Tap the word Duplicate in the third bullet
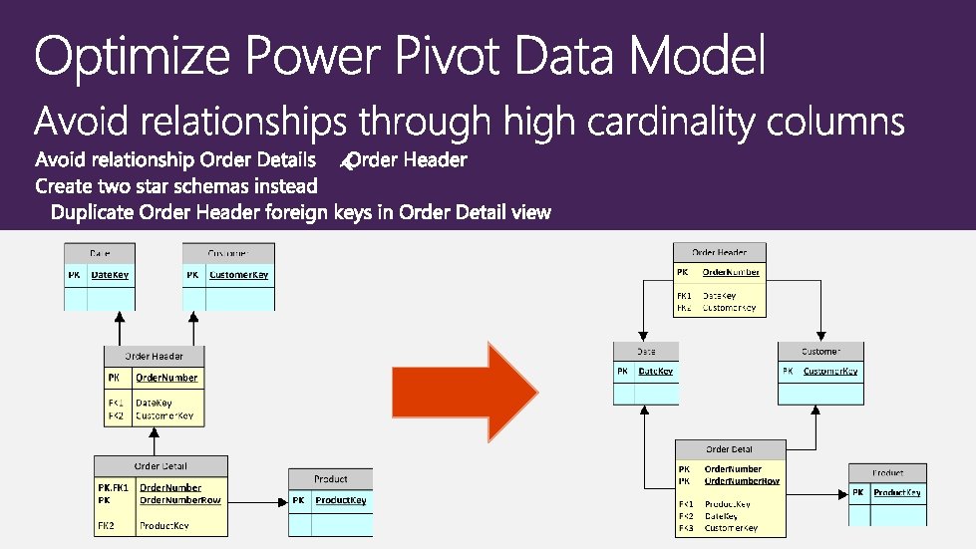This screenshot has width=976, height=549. click(x=93, y=212)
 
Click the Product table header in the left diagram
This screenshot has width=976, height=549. click(x=331, y=479)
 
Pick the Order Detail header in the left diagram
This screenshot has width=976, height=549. click(x=161, y=465)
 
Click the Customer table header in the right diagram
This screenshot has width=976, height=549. click(x=820, y=352)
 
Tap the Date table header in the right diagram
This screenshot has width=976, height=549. click(x=646, y=352)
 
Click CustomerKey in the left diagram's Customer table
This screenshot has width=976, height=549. click(x=239, y=275)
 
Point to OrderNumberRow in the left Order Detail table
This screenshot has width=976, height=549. click(x=180, y=500)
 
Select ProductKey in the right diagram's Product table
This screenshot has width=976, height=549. click(x=897, y=492)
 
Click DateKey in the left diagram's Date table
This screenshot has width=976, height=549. click(x=110, y=275)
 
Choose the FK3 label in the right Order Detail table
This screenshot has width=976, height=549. click(x=685, y=528)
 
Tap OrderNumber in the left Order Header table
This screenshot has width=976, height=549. click(x=166, y=378)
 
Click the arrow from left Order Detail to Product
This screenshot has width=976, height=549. click(x=257, y=499)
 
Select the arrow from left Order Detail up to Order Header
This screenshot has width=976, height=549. click(x=155, y=441)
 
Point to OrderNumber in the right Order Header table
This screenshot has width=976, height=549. click(x=731, y=272)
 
